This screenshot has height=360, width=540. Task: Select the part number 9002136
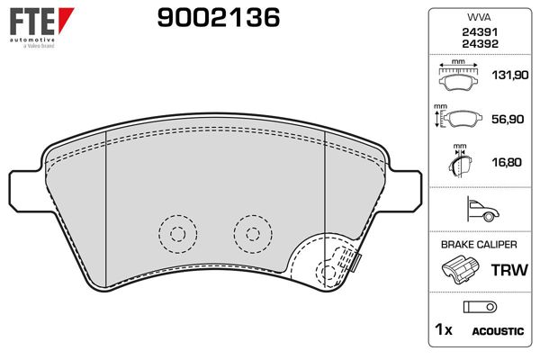[x=219, y=17]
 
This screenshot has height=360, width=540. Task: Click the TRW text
[x=505, y=268]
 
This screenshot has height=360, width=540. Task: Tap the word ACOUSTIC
[x=498, y=331]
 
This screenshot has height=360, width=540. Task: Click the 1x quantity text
[x=443, y=330]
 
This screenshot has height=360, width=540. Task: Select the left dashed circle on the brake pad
[x=175, y=234]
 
